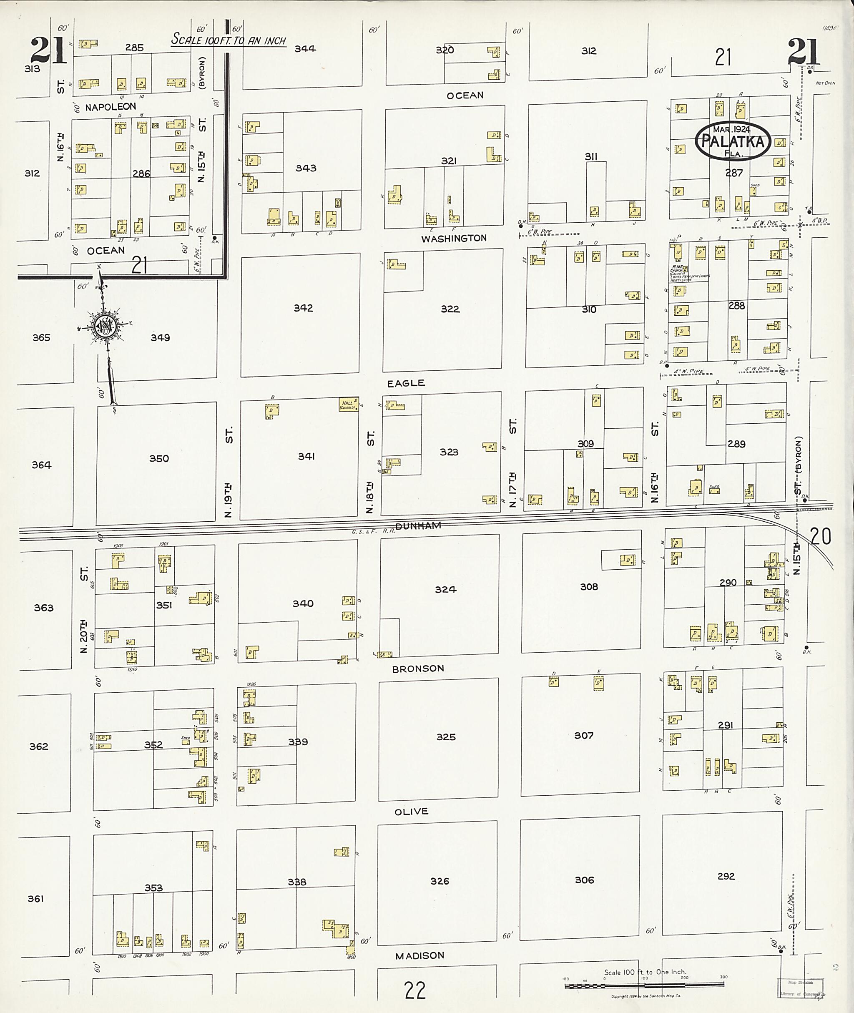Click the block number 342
(x=303, y=308)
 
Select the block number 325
(x=445, y=737)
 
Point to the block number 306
(x=584, y=880)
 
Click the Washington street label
(x=454, y=238)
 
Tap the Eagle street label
(x=406, y=383)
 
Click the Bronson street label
(x=418, y=669)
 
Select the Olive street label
(x=411, y=812)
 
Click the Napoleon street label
(x=111, y=106)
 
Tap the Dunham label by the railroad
(x=418, y=526)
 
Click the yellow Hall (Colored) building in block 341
(x=349, y=405)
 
